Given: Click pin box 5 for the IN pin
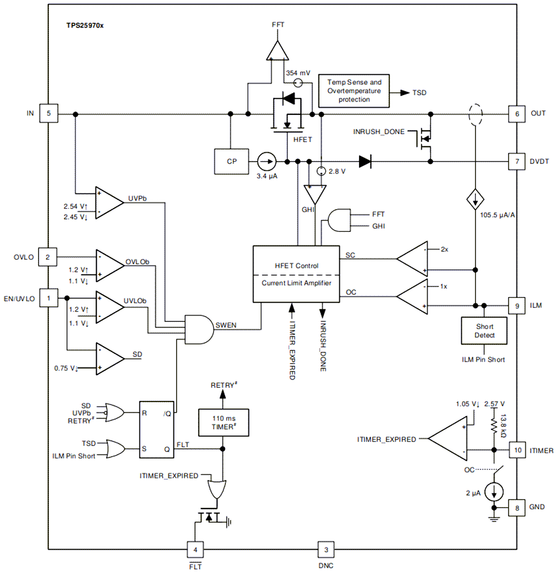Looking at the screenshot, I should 49,113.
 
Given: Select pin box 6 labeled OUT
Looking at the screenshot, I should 517,113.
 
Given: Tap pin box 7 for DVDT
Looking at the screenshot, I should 517,161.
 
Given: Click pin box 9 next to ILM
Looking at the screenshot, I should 517,306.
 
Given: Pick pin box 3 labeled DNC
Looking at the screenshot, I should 326,549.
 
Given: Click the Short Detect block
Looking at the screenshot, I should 483,331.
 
